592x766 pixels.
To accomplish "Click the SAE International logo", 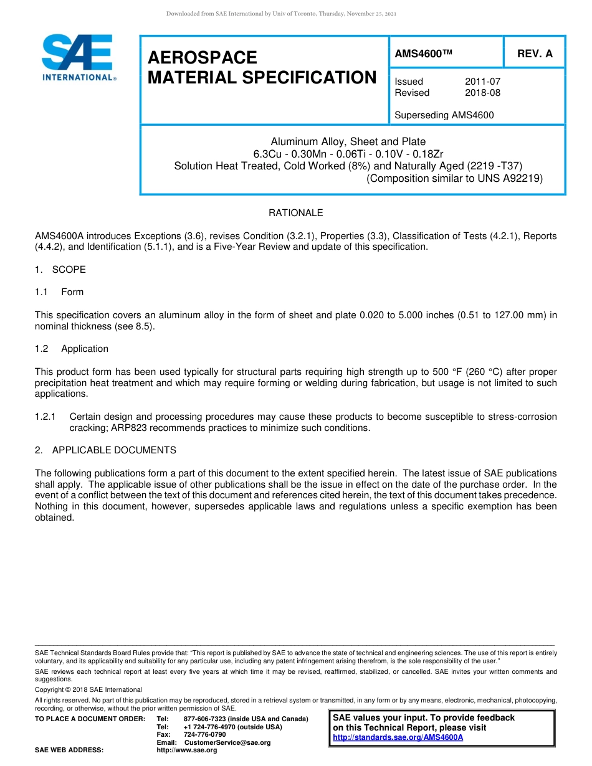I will pyautogui.click(x=78, y=57).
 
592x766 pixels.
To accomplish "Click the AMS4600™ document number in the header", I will pyautogui.click(x=423, y=54).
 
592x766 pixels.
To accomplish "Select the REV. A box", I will pyautogui.click(x=535, y=54).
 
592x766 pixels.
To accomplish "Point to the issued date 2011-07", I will pyautogui.click(x=482, y=82).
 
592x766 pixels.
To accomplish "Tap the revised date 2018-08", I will pyautogui.click(x=482, y=93).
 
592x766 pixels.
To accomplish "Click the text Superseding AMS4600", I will pyautogui.click(x=444, y=115).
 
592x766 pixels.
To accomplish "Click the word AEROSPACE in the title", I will pyautogui.click(x=203, y=58).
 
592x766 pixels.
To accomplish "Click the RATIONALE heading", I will pyautogui.click(x=295, y=213).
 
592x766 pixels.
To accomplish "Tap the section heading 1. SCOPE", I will pyautogui.click(x=60, y=270).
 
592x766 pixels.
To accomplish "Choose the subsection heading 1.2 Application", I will pyautogui.click(x=72, y=349).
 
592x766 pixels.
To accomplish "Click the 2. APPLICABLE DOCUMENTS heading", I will pyautogui.click(x=105, y=450).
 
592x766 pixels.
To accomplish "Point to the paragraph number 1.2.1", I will pyautogui.click(x=45, y=417).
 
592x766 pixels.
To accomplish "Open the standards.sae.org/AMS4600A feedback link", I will pyautogui.click(x=398, y=737).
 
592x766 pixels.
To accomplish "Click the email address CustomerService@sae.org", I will pyautogui.click(x=227, y=742).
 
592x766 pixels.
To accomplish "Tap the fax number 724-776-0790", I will pyautogui.click(x=204, y=735).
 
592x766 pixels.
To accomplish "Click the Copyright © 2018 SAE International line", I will pyautogui.click(x=88, y=689).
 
